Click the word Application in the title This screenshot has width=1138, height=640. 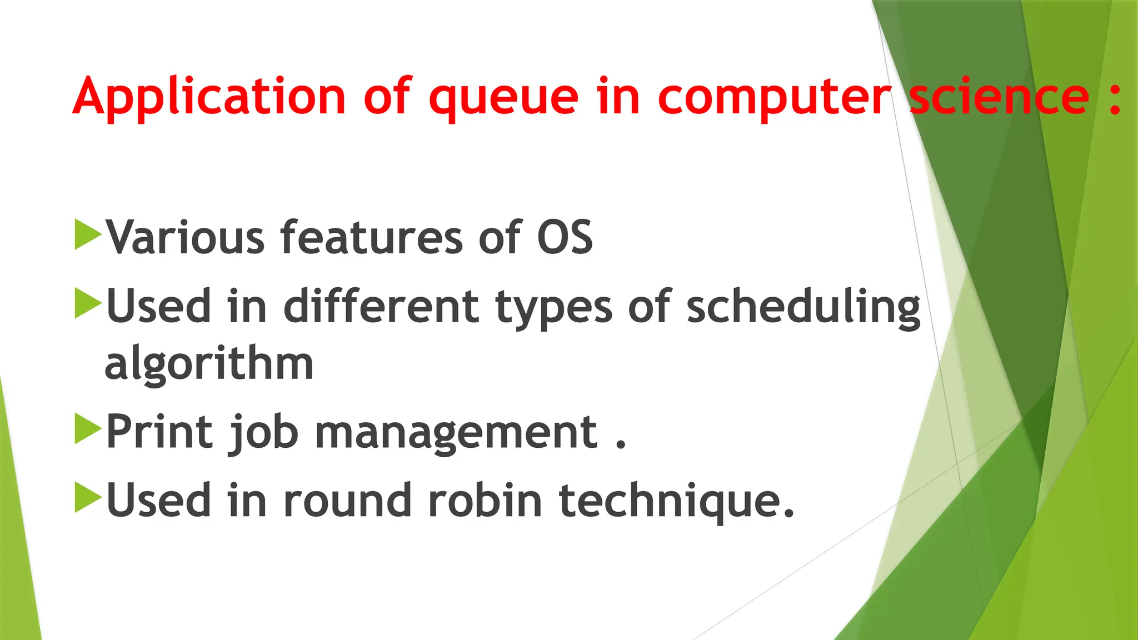(x=209, y=98)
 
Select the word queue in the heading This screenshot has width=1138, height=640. (x=503, y=99)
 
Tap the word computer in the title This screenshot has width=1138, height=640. (x=775, y=99)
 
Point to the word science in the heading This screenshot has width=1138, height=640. (x=999, y=97)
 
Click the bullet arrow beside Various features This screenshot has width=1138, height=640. (x=87, y=234)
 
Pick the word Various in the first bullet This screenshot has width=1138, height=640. (x=186, y=238)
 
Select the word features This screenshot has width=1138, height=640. (x=371, y=238)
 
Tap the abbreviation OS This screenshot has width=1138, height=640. (x=565, y=238)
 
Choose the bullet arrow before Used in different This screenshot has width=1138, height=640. (x=87, y=303)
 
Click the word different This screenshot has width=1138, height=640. (x=381, y=307)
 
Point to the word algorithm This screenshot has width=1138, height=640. (x=209, y=364)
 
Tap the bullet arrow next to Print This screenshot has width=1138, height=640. (x=87, y=429)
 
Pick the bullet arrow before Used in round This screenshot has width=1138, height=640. (x=87, y=498)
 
